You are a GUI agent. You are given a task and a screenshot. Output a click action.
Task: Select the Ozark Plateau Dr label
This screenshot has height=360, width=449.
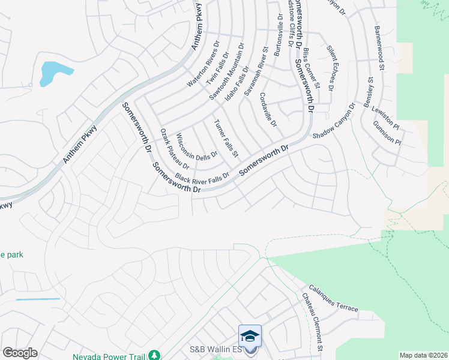tap(175, 148)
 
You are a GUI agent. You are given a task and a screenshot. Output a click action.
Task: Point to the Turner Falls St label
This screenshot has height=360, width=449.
tap(226, 139)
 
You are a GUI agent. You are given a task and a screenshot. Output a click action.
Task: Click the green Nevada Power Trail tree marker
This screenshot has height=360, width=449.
tap(155, 356)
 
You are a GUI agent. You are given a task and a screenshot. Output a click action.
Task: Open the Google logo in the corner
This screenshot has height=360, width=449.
tap(20, 353)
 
